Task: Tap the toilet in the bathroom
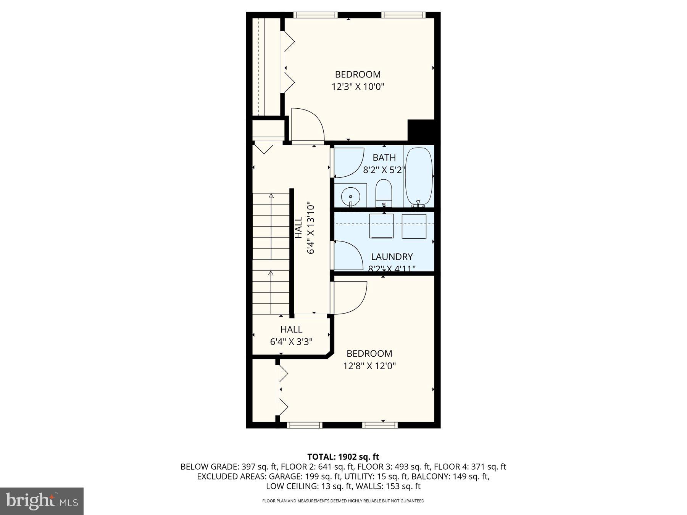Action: click(384, 193)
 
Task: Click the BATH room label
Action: click(384, 158)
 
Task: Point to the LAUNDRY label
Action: click(392, 257)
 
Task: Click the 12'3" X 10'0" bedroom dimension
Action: click(358, 87)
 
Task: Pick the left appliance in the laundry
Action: click(381, 226)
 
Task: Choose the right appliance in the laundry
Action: click(414, 226)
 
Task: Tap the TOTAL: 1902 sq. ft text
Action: click(343, 457)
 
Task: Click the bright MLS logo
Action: click(42, 501)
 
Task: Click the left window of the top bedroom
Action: click(315, 15)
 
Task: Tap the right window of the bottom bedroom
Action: click(380, 425)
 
